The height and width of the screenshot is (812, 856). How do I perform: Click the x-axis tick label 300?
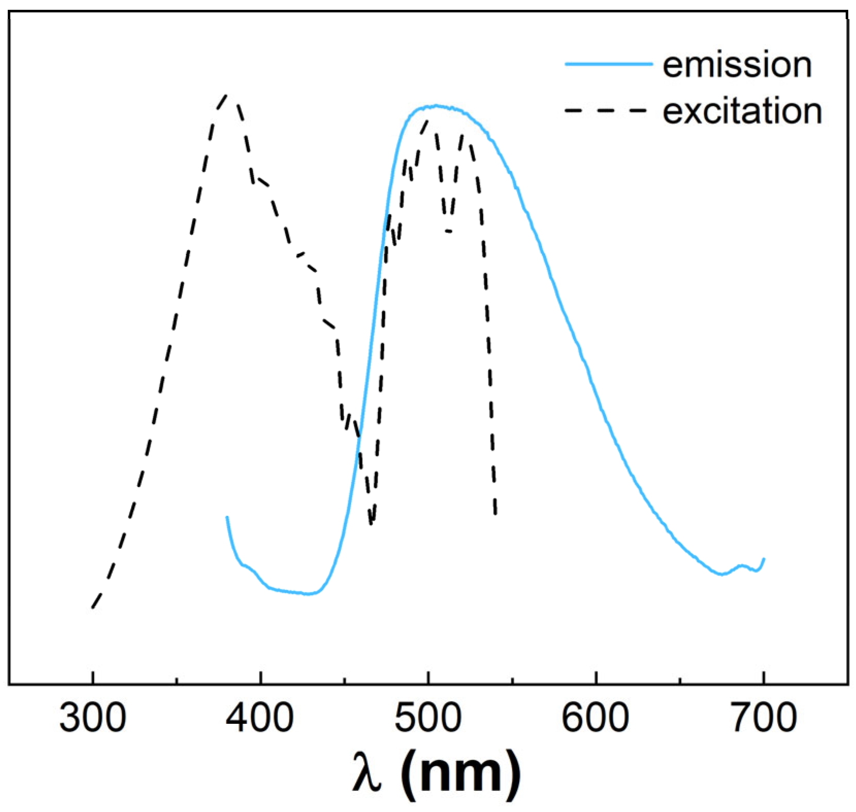[x=93, y=718]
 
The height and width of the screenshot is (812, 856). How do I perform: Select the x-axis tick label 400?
[x=261, y=718]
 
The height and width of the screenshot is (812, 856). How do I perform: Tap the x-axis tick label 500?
[x=428, y=718]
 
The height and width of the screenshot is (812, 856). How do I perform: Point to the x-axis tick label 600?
[x=595, y=718]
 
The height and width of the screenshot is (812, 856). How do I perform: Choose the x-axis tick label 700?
[x=764, y=718]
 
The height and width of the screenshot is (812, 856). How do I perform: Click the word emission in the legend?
[x=737, y=65]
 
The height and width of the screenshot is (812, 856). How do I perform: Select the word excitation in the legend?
[x=742, y=111]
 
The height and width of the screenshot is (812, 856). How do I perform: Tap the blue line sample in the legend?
[x=609, y=64]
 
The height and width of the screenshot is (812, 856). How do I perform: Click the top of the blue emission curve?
[x=437, y=106]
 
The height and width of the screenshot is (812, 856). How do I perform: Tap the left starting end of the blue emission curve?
[x=227, y=516]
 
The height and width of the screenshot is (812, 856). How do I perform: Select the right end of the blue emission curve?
[x=764, y=559]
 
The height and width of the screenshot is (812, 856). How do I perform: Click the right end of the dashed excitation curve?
[x=495, y=514]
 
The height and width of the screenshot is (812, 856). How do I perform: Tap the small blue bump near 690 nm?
[x=742, y=566]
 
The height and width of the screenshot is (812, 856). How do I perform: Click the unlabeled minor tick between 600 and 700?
[x=680, y=680]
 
